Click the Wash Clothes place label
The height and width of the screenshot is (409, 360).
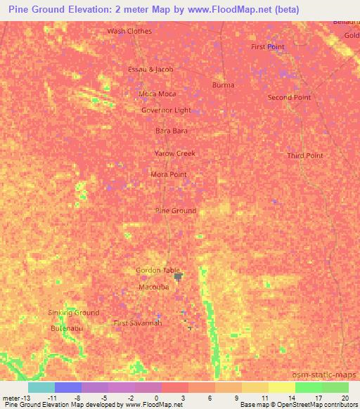[129, 31]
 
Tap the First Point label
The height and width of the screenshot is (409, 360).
[268, 47]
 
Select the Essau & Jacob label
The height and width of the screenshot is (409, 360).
[150, 70]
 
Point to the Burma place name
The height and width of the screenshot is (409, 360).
[223, 84]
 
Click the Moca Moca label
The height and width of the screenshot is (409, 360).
[157, 93]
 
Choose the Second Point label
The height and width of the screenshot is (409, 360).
[289, 98]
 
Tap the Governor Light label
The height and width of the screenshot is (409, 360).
[166, 110]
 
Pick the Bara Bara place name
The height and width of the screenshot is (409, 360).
[171, 131]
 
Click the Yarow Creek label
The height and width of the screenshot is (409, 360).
[174, 153]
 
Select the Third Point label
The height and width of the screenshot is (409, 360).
[305, 155]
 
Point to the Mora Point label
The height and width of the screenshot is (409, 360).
[169, 174]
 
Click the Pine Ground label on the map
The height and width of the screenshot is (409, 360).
[175, 211]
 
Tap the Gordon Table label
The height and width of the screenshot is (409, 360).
[157, 271]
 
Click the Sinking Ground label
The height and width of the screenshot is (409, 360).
[74, 313]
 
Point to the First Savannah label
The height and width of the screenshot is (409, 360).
[138, 323]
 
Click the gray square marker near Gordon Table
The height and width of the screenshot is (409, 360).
[178, 276]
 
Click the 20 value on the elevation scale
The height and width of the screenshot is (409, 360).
[344, 398]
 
